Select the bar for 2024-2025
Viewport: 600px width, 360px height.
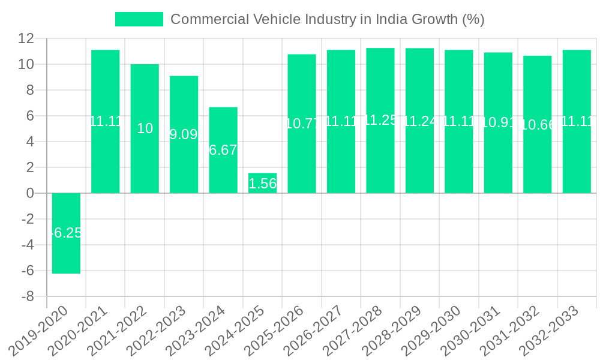coord(262,183)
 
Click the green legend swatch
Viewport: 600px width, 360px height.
coord(139,19)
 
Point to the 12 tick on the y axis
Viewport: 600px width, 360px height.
coord(26,38)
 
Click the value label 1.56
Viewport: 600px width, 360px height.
coord(262,184)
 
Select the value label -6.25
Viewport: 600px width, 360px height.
coord(66,233)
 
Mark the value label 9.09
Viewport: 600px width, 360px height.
coord(184,134)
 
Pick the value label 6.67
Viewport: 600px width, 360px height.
coord(223,150)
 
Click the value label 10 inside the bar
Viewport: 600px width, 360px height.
coord(145,128)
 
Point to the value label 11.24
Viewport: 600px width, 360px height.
coord(419,121)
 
